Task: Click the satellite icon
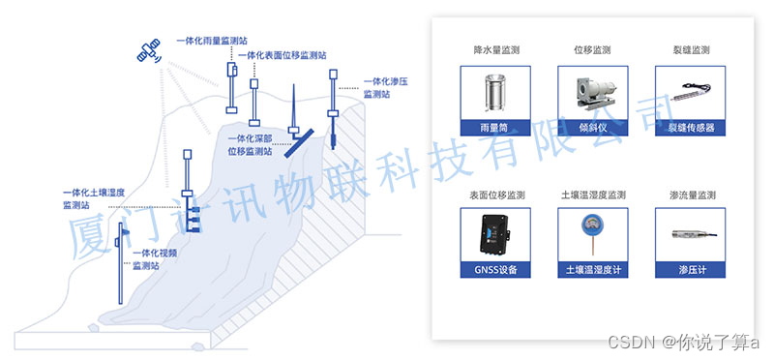pos(149,51)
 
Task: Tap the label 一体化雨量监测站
pos(212,41)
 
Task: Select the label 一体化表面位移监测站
pos(282,56)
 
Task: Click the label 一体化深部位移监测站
pos(250,146)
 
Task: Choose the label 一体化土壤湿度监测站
pos(93,198)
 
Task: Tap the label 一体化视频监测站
pos(155,259)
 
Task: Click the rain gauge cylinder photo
pos(494,93)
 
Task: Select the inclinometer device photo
pos(593,93)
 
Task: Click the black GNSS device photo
pos(495,235)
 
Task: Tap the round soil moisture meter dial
pos(592,223)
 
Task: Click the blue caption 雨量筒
pos(495,128)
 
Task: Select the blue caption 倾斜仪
pos(593,128)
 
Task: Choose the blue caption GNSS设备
pos(495,270)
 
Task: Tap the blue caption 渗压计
pos(690,270)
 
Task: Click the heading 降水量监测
pos(495,50)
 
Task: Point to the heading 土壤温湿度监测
pos(593,195)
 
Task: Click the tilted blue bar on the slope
pos(300,143)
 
